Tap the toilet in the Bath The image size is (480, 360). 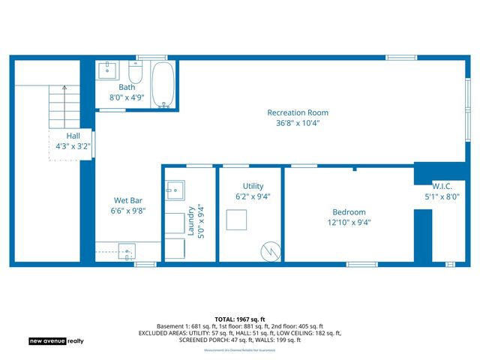(136, 73)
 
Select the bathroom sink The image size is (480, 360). (107, 72)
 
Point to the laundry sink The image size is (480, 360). (175, 190)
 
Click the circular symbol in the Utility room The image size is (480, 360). (268, 250)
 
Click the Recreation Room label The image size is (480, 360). (298, 113)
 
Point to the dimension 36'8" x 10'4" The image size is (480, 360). (298, 124)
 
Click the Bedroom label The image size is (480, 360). (349, 212)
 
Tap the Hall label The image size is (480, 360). (73, 136)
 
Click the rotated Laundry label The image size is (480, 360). (191, 221)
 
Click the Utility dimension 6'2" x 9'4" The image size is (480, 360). (253, 196)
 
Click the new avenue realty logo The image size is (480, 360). (56, 340)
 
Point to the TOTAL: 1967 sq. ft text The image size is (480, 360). (240, 319)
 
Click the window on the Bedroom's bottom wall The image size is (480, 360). (361, 264)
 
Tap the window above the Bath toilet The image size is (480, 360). (151, 58)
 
